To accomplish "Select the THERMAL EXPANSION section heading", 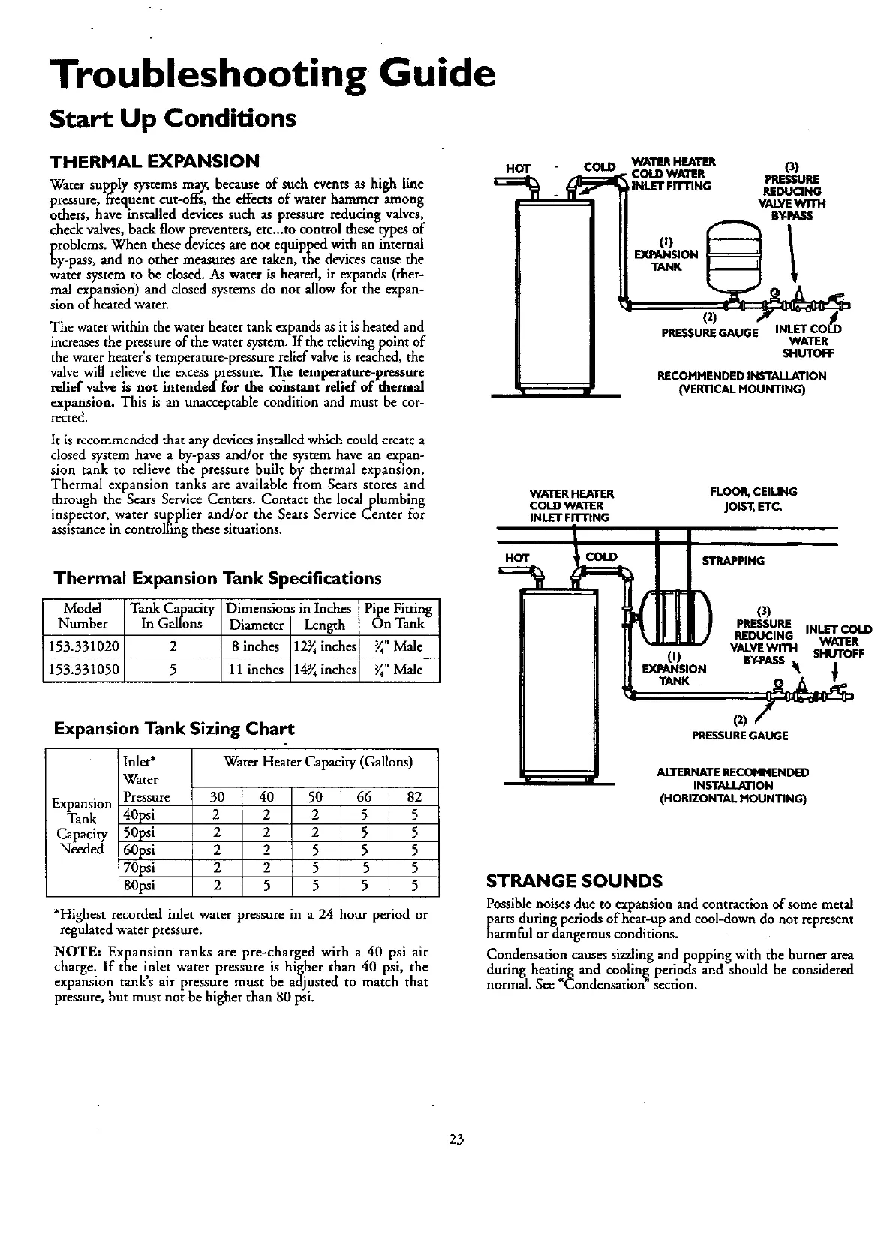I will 154,161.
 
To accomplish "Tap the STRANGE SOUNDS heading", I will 574,880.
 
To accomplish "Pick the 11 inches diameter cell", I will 254,670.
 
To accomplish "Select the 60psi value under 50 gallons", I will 316,850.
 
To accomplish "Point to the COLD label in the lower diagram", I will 601,557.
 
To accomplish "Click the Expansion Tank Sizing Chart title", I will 174,728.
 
